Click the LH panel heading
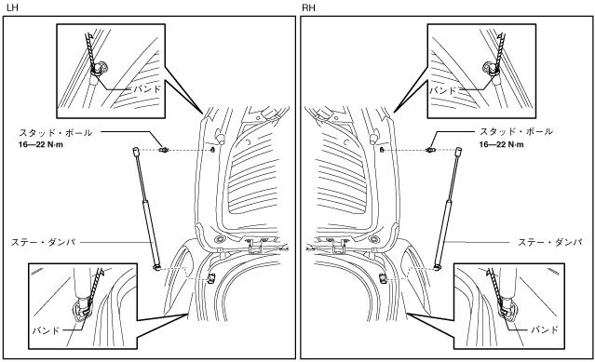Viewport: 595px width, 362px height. pos(12,7)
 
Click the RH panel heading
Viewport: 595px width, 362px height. pos(308,7)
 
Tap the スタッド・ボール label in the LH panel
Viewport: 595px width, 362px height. pos(56,133)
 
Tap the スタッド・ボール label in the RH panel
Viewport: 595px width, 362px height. pos(516,131)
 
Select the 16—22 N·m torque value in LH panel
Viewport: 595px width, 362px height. pos(41,145)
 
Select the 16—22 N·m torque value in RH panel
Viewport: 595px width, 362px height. pos(501,144)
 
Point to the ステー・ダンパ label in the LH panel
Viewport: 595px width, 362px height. pos(43,242)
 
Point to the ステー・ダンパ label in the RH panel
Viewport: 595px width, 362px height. pos(550,242)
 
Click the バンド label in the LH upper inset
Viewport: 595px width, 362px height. pos(147,89)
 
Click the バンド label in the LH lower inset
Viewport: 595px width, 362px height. pos(46,330)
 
